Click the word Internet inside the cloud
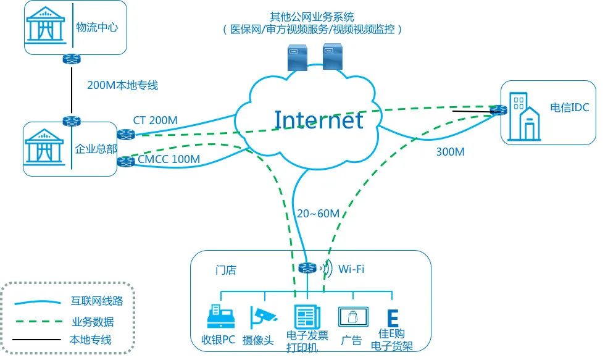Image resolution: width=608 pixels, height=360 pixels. click(319, 120)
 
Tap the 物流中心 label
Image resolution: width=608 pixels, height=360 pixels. click(97, 27)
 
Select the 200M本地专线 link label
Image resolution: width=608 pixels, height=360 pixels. click(122, 85)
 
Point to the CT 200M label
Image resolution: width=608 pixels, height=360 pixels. click(155, 120)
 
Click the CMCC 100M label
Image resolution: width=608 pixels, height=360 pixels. click(169, 160)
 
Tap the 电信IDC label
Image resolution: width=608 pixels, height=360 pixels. click(570, 107)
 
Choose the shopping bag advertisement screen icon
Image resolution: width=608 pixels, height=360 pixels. click(352, 317)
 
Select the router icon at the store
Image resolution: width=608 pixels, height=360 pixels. click(307, 268)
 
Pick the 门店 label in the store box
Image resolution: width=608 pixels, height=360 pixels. click(225, 270)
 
